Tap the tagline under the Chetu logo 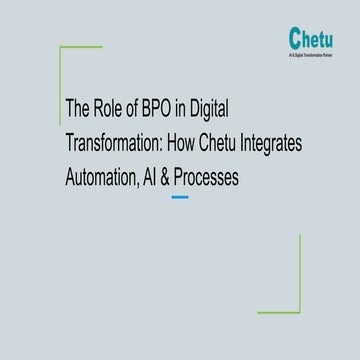[312, 57]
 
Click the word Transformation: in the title [112, 142]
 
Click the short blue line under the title [180, 197]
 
